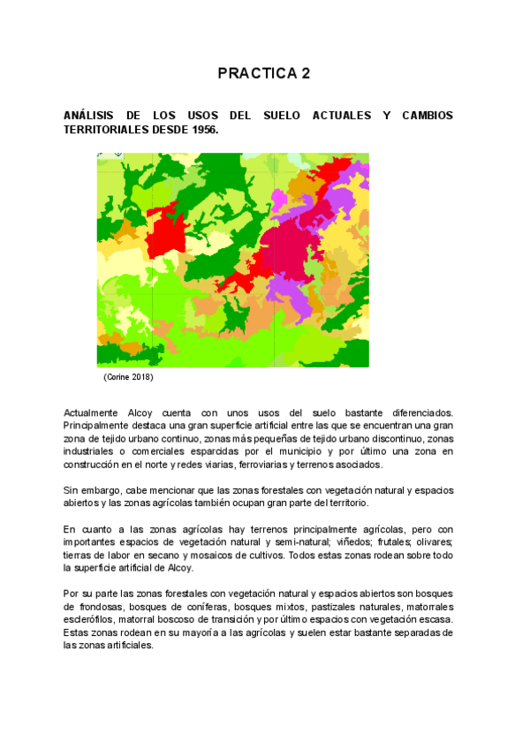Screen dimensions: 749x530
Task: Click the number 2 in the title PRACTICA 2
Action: coord(306,73)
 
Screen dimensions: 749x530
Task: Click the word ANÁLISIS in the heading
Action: coord(91,117)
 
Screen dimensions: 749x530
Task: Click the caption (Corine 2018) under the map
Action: coord(128,377)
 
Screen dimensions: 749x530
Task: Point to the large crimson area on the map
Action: coord(265,256)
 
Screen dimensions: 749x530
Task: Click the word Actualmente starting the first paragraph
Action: coord(90,412)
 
